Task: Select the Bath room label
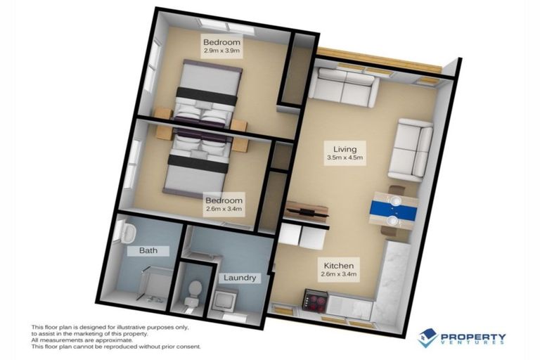coord(139,250)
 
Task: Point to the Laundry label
coord(238,278)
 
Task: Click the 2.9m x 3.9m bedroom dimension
coord(221,51)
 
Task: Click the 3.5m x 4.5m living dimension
coord(345,158)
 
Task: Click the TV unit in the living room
coord(306,212)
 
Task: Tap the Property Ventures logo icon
coord(427,337)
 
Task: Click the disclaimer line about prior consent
coord(116,347)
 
